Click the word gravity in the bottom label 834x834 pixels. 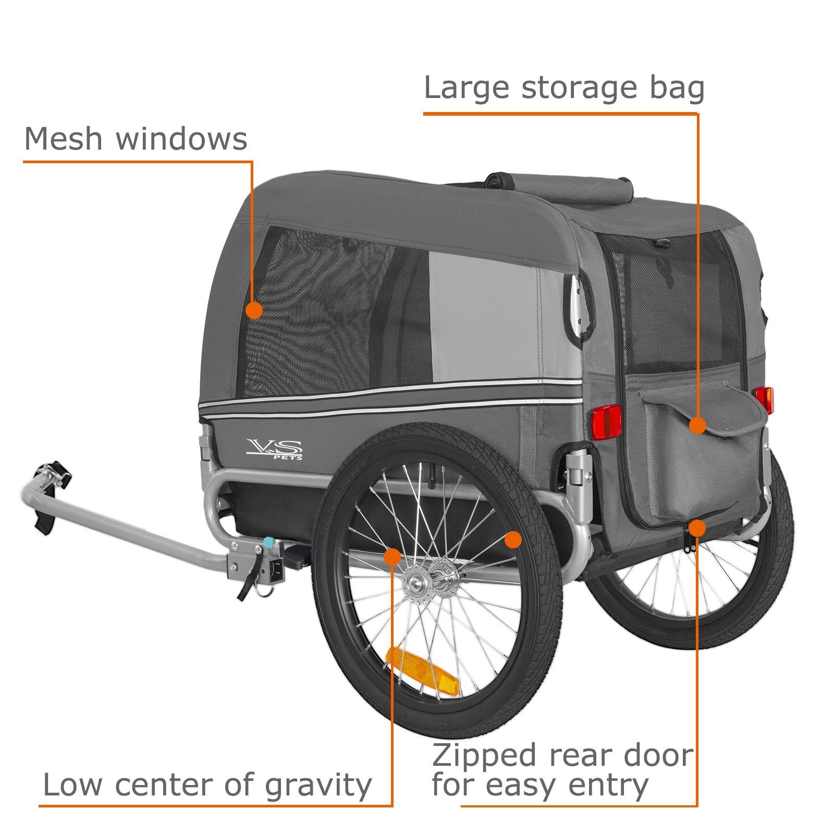(318, 786)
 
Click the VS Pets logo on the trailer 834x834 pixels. (274, 449)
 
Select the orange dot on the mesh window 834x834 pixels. (254, 311)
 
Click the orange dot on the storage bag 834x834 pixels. (697, 425)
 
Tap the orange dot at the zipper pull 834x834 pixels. (697, 529)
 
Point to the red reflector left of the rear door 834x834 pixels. (606, 421)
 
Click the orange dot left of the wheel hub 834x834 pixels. (392, 556)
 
